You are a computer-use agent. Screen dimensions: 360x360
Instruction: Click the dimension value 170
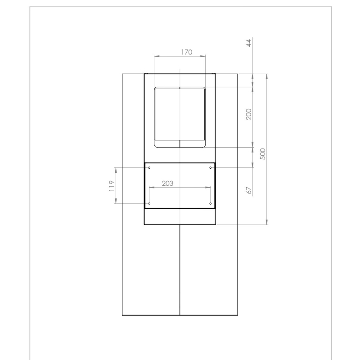pos(187,52)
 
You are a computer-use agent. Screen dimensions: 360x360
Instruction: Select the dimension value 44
pos(249,43)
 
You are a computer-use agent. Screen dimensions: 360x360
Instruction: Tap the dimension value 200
pos(249,114)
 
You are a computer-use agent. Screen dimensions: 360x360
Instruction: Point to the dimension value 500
pos(263,154)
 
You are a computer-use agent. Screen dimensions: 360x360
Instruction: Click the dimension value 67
pos(249,190)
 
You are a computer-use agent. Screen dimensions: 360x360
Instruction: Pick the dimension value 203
pos(167,184)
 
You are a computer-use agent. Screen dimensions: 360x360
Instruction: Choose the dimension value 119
pos(112,186)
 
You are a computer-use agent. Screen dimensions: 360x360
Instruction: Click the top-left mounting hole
pos(149,167)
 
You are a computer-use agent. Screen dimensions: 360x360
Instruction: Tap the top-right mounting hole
pos(210,167)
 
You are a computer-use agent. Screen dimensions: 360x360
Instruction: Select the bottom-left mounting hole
pos(149,203)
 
